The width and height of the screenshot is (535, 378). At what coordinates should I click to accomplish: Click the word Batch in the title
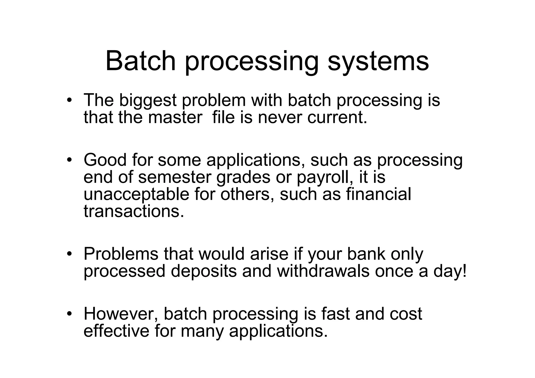coord(141,61)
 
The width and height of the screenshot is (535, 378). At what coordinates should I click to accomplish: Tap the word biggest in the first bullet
coord(148,101)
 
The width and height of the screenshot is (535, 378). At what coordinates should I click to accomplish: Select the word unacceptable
coord(136,195)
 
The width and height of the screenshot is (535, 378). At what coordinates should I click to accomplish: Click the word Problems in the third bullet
coord(121,254)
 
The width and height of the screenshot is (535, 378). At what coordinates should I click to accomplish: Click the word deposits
coord(203,272)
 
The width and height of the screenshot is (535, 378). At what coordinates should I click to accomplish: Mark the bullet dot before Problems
coord(69,254)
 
